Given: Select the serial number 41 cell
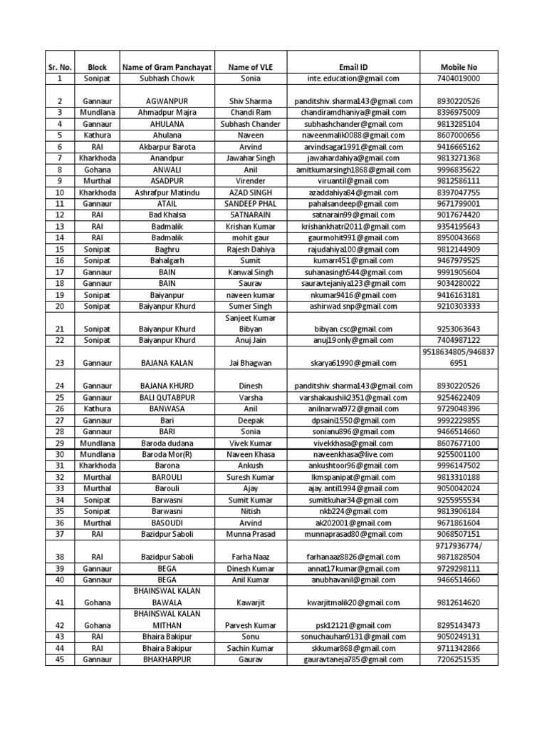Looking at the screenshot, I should [x=60, y=602].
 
